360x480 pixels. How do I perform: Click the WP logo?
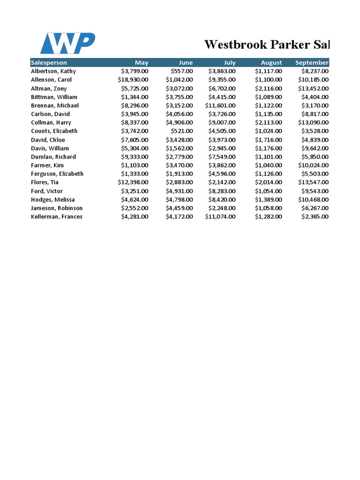pyautogui.click(x=67, y=43)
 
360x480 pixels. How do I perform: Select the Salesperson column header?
pyautogui.click(x=49, y=62)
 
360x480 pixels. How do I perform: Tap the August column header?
pyautogui.click(x=271, y=62)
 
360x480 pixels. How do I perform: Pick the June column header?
pyautogui.click(x=186, y=62)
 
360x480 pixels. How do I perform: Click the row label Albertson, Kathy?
pyautogui.click(x=53, y=71)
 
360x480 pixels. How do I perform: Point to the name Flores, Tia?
pyautogui.click(x=45, y=182)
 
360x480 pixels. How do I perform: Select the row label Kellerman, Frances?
pyautogui.click(x=57, y=217)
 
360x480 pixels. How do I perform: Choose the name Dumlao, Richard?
pyautogui.click(x=53, y=157)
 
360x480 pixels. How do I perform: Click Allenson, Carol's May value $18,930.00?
pyautogui.click(x=133, y=80)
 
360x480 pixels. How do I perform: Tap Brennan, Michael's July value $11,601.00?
pyautogui.click(x=220, y=105)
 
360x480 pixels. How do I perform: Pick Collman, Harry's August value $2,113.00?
pyautogui.click(x=269, y=122)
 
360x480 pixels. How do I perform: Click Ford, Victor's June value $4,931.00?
pyautogui.click(x=179, y=191)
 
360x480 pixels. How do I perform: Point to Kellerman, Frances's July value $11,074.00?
pyautogui.click(x=220, y=217)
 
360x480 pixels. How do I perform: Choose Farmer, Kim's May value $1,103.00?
pyautogui.click(x=135, y=165)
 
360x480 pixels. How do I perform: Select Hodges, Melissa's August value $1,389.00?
pyautogui.click(x=269, y=199)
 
